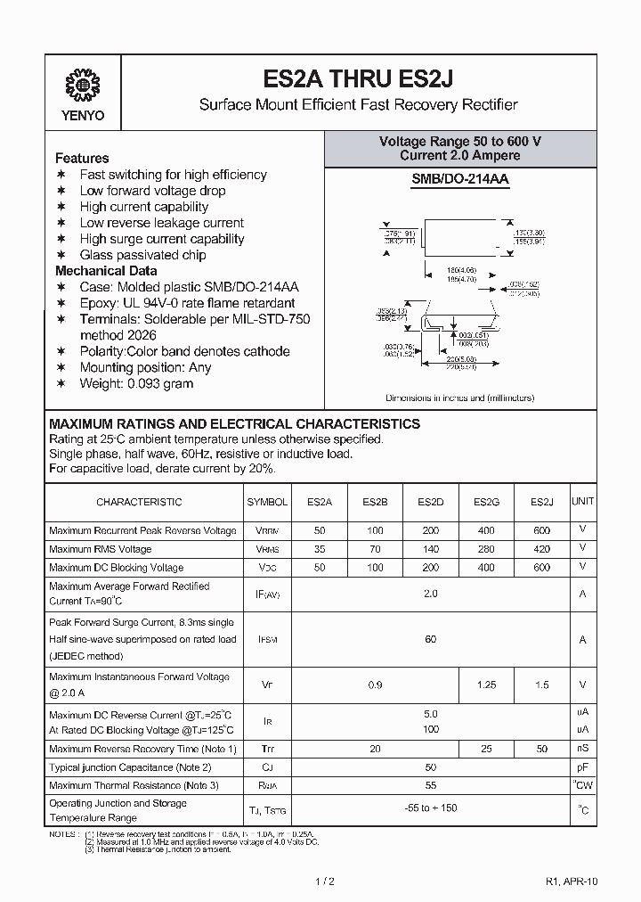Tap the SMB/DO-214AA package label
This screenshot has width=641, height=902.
[459, 179]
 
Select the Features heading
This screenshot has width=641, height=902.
[82, 158]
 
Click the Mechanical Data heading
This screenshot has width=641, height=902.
[106, 271]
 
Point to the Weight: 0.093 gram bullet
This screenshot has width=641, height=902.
[136, 383]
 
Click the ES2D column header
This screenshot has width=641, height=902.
[431, 502]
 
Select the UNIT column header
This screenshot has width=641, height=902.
[583, 502]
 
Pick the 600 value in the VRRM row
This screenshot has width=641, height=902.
[541, 529]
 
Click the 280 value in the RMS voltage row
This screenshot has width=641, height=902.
[486, 549]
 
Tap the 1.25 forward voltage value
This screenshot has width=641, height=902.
[486, 685]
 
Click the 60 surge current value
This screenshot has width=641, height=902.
[431, 639]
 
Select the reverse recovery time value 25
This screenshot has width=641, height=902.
[486, 749]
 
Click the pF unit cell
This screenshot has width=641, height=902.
[583, 767]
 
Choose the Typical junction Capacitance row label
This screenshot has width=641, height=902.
[130, 767]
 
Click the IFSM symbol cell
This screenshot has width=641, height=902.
[267, 639]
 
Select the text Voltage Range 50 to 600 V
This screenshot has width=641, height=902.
[459, 142]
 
